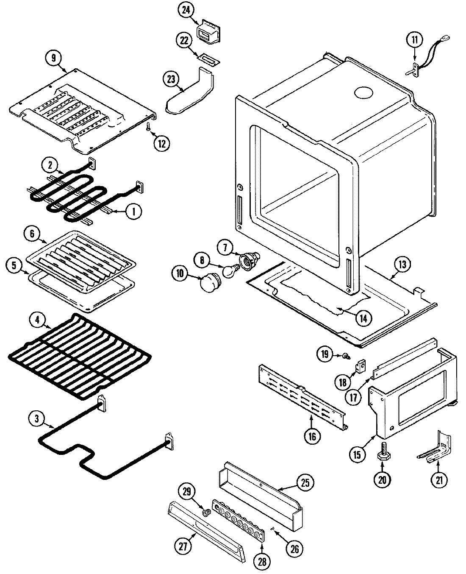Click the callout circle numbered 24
(186, 11)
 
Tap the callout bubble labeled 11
(414, 40)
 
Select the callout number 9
(53, 58)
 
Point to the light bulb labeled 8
(230, 272)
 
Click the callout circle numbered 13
(402, 265)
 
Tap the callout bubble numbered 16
(312, 436)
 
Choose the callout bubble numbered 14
(363, 318)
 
